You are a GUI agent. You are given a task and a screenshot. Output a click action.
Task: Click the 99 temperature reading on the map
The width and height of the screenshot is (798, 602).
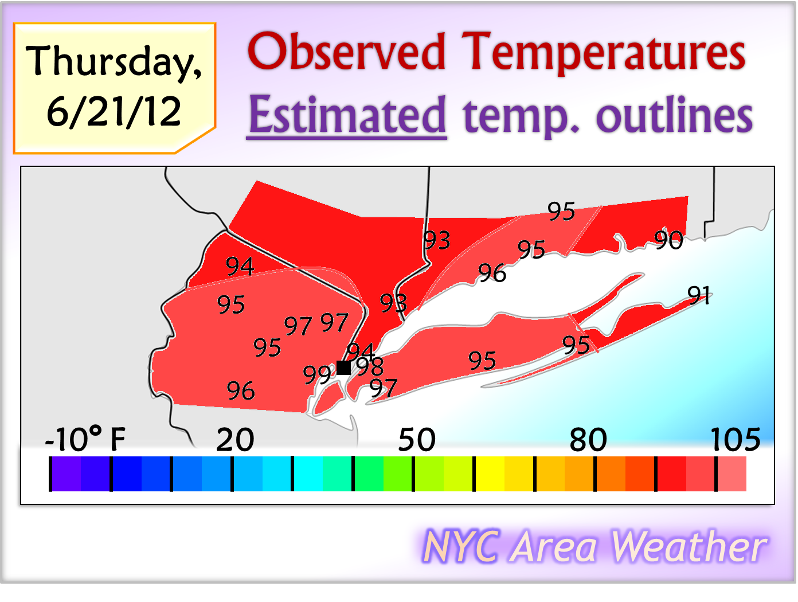[x=317, y=375]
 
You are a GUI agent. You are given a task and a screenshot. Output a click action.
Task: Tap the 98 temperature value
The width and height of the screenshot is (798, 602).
[x=370, y=366]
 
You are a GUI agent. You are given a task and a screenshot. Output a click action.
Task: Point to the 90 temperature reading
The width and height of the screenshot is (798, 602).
[x=668, y=240]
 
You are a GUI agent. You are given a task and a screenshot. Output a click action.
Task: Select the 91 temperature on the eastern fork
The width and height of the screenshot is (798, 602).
[x=699, y=295]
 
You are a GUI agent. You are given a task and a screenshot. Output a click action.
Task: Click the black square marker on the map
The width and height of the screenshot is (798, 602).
[x=343, y=368]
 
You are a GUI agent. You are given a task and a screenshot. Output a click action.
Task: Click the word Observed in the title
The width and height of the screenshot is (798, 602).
[x=346, y=52]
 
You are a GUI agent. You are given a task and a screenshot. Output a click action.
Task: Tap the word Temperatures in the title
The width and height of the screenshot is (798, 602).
[x=603, y=52]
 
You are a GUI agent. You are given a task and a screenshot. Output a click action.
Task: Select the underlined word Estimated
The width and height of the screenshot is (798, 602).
[x=347, y=115]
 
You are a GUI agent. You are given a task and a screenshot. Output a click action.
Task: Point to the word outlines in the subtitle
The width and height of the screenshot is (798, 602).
[x=674, y=115]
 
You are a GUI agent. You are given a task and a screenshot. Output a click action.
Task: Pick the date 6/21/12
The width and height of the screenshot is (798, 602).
[x=114, y=111]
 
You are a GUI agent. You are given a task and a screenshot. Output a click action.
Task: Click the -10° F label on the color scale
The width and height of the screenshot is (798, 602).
[x=85, y=440]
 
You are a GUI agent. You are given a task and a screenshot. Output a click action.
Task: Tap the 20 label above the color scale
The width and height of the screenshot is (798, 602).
[x=235, y=440]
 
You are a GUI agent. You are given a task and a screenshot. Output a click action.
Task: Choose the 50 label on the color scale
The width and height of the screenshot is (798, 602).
[x=417, y=440]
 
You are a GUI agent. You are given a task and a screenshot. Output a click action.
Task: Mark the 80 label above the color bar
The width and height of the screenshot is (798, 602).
[x=588, y=440]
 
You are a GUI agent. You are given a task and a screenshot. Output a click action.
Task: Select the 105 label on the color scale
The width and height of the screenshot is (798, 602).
[x=736, y=440]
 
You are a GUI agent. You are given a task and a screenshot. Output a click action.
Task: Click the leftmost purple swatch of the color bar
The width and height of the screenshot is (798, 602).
[x=66, y=474]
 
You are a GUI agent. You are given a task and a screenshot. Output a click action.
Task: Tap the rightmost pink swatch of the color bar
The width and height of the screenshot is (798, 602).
[x=732, y=474]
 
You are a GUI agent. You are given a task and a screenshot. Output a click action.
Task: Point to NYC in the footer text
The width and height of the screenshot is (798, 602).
[x=461, y=546]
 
